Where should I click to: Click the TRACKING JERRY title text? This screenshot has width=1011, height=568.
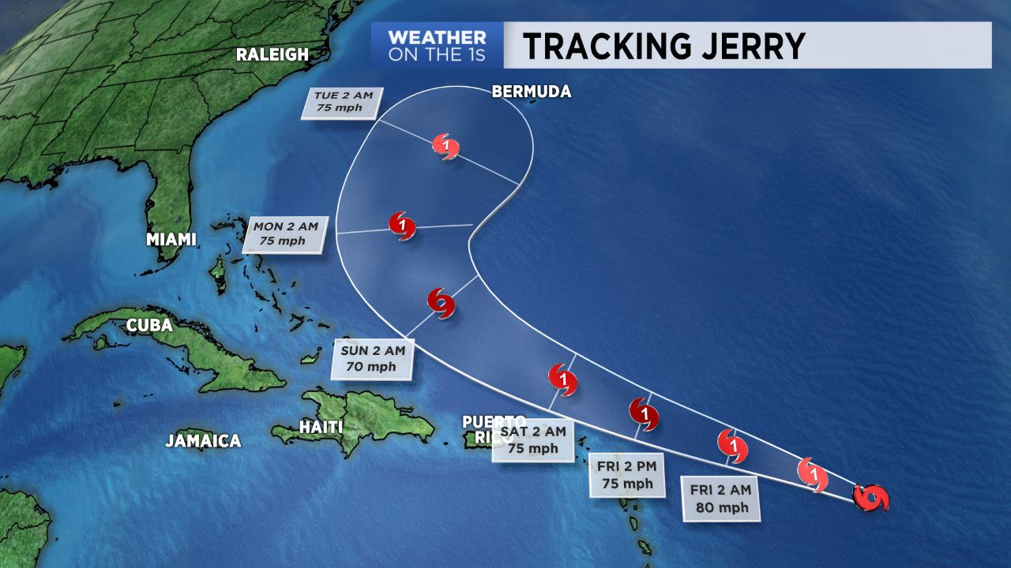(663, 46)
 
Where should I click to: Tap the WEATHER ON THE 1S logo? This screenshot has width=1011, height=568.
(436, 46)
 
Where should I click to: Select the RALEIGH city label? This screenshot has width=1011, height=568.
(272, 54)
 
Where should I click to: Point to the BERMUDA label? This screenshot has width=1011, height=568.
(531, 92)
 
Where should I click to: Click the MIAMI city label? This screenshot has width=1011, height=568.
(171, 239)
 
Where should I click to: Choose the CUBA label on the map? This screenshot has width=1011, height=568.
(150, 325)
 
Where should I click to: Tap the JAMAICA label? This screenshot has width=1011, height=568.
(203, 441)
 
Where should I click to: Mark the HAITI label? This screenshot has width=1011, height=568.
(321, 427)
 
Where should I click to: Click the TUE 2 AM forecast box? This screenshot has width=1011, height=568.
(342, 103)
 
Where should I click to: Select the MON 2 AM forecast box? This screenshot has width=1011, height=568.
(285, 234)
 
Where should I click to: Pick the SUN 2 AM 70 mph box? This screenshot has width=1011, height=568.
(374, 358)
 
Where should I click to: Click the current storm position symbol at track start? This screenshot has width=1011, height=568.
(872, 498)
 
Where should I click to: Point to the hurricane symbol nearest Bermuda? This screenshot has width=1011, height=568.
(446, 146)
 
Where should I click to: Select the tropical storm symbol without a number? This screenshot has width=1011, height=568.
(441, 302)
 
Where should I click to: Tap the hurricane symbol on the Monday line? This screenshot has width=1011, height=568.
(403, 226)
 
